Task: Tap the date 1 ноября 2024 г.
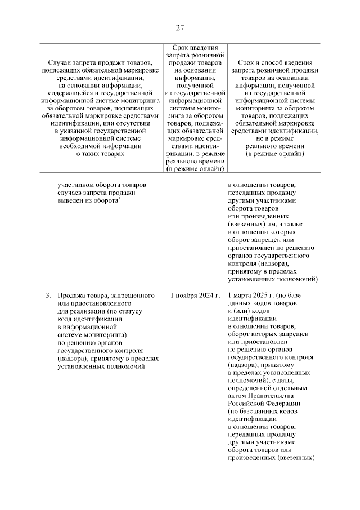(x=195, y=295)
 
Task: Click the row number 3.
(x=48, y=295)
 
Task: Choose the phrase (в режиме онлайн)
(x=195, y=168)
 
